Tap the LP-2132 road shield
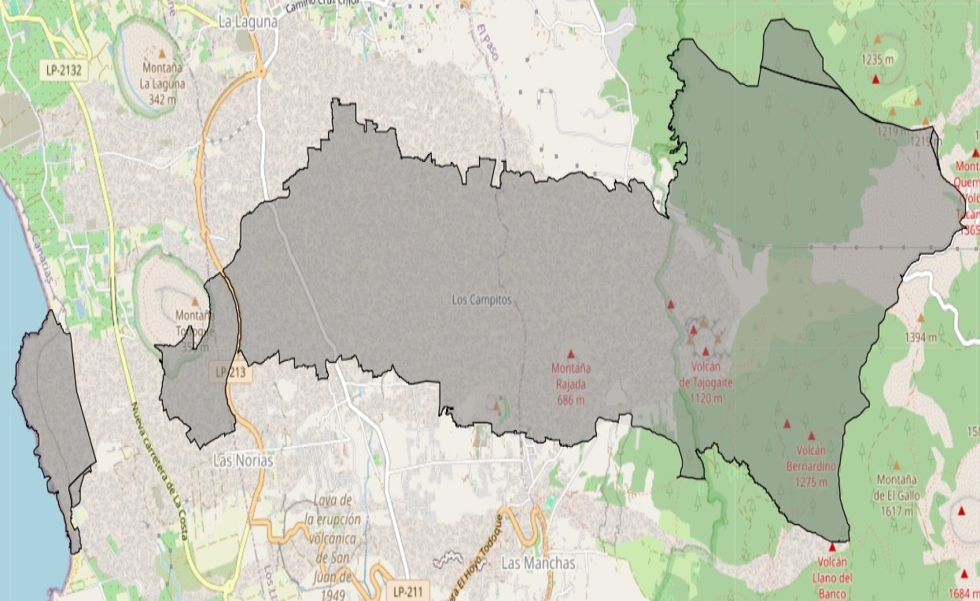[x=64, y=70]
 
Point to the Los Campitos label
[x=481, y=300]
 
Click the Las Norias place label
[x=243, y=461]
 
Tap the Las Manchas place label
[x=538, y=563]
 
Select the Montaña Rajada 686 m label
[x=571, y=384]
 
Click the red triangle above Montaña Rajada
[x=571, y=354]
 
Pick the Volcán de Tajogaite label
[x=706, y=382]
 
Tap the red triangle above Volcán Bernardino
[x=811, y=435]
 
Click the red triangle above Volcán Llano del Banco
[x=832, y=546]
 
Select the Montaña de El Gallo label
[x=896, y=495]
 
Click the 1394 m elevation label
[x=920, y=337]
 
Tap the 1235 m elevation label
[x=877, y=59]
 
